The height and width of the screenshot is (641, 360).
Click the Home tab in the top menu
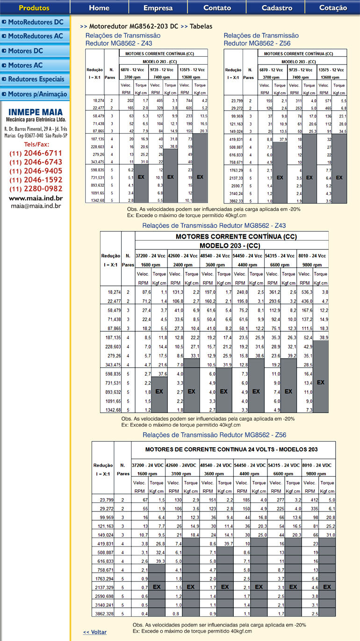click(x=99, y=7)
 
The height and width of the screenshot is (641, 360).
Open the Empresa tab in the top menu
click(x=158, y=7)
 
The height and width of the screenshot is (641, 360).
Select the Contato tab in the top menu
click(x=217, y=7)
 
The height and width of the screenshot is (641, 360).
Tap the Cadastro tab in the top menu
click(x=277, y=7)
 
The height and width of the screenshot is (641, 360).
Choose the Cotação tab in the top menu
click(x=333, y=7)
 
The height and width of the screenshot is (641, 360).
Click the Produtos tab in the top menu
click(x=34, y=7)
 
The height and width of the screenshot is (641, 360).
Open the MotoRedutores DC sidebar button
click(x=35, y=22)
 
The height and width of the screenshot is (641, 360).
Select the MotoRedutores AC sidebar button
click(x=35, y=36)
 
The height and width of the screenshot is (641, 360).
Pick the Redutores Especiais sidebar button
click(x=35, y=79)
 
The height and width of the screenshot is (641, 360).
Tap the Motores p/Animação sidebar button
click(x=35, y=94)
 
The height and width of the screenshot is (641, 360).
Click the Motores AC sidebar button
click(x=35, y=65)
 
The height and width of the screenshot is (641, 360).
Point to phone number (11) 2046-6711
click(x=36, y=153)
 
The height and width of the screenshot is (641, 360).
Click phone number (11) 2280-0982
click(x=36, y=189)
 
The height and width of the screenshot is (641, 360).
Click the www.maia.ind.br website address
click(x=36, y=198)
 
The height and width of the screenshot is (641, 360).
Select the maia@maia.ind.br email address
click(x=36, y=205)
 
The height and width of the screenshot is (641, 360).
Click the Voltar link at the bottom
click(x=95, y=632)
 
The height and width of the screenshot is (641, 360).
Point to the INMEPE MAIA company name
click(x=36, y=112)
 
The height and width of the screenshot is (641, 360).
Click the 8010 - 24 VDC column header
click(x=318, y=466)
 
